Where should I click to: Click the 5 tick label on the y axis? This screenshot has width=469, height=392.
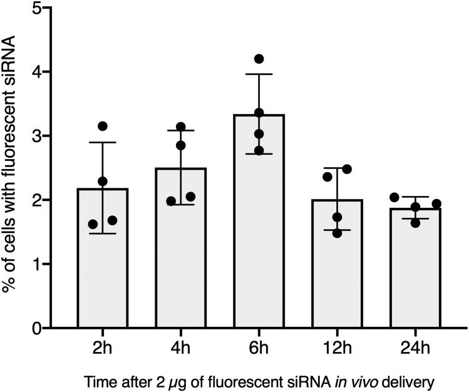tap(38, 9)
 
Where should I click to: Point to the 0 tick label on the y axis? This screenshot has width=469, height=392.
tap(38, 328)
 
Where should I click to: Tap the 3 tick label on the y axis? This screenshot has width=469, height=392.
tap(38, 137)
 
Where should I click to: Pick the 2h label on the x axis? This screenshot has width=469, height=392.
tap(103, 346)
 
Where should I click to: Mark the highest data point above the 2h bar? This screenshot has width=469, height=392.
tap(103, 126)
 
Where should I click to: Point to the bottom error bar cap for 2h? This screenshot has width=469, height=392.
tap(103, 234)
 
